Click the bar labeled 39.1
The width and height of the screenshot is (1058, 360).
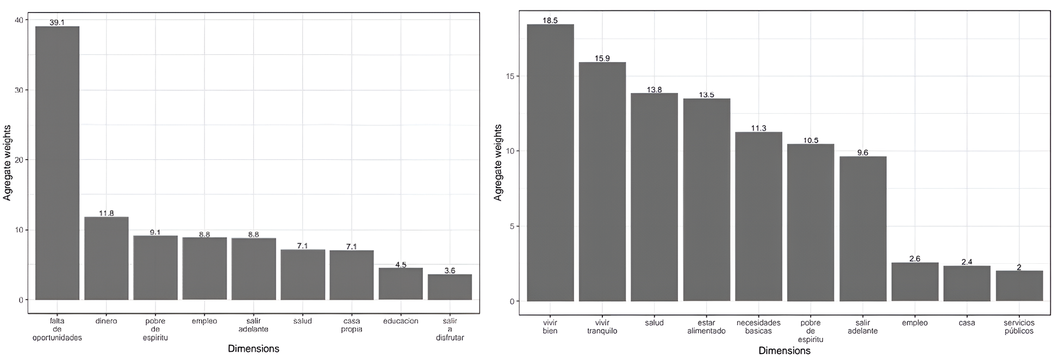pos(57,163)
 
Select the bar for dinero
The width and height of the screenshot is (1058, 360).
pos(106,258)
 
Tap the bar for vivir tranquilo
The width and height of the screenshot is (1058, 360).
pos(602,182)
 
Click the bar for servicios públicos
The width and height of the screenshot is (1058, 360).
pos(1019,285)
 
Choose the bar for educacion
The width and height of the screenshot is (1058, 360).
pos(401,283)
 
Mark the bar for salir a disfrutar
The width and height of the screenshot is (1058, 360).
pos(450,287)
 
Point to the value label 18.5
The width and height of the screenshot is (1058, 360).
pos(550,21)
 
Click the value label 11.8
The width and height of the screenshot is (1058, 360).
pos(106,213)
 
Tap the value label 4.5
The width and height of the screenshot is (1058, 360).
pos(401,265)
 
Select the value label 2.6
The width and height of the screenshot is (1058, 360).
pos(914,259)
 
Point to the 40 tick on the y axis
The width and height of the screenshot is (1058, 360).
pos(20,20)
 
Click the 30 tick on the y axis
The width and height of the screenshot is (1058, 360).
pos(20,90)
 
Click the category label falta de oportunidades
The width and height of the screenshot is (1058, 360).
pos(57,329)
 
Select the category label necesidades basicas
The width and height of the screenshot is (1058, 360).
pos(758,326)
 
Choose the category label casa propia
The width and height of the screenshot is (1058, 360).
pos(351,325)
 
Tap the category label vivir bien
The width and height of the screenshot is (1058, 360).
pos(550,326)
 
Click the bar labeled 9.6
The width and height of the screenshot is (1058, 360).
pos(862,228)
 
